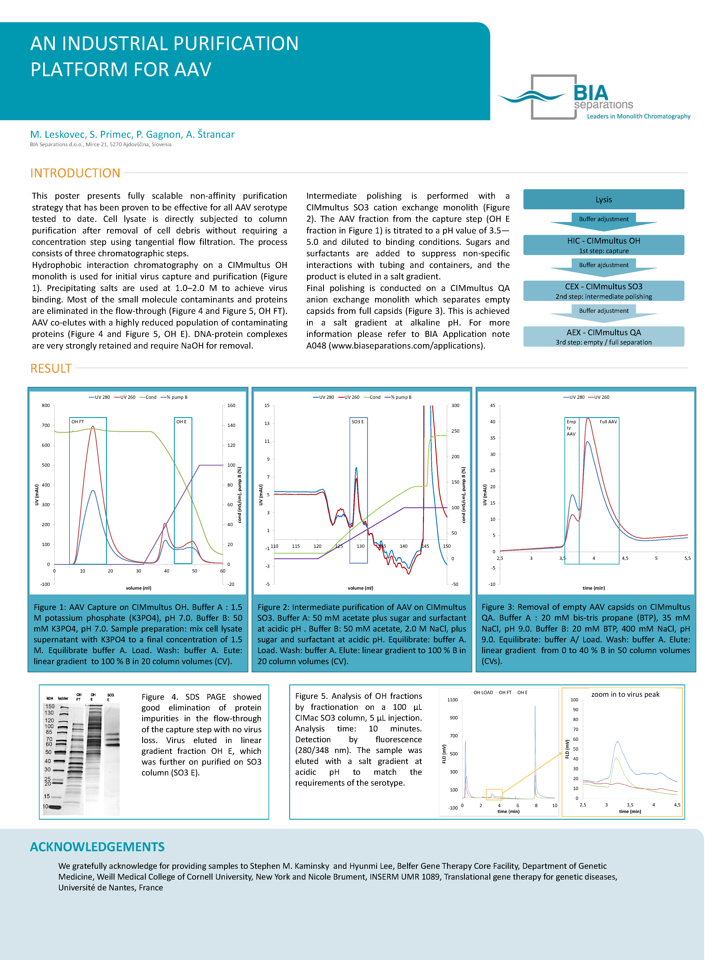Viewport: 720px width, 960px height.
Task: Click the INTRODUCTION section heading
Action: (x=75, y=173)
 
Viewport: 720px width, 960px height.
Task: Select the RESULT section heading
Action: (x=51, y=368)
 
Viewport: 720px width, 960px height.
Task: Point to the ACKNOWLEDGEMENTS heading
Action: (x=97, y=847)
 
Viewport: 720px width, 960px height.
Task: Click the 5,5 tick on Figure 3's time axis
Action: (x=687, y=558)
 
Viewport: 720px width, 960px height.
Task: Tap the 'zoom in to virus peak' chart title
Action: (x=625, y=694)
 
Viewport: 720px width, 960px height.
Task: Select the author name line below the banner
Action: (x=132, y=135)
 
